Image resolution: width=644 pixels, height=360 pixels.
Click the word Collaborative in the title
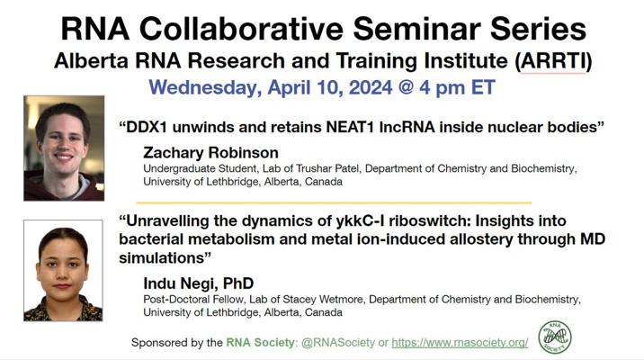point(241,29)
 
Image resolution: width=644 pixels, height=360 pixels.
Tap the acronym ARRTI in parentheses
point(553,61)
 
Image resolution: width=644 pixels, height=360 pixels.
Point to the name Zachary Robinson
point(210,152)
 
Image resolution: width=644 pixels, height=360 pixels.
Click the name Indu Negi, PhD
point(199,283)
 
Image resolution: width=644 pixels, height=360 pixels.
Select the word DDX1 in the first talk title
point(147,127)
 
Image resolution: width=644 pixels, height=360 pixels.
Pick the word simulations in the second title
point(161,257)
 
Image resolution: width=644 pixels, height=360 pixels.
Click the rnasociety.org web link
point(460,342)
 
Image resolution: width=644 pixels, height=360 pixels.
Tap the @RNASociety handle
point(338,342)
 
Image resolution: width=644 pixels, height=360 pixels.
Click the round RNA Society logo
point(554,337)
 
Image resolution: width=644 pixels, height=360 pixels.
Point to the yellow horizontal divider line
point(334,202)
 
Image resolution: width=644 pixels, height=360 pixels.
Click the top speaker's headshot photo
point(64,148)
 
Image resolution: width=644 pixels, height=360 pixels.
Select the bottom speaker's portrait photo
point(63,270)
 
